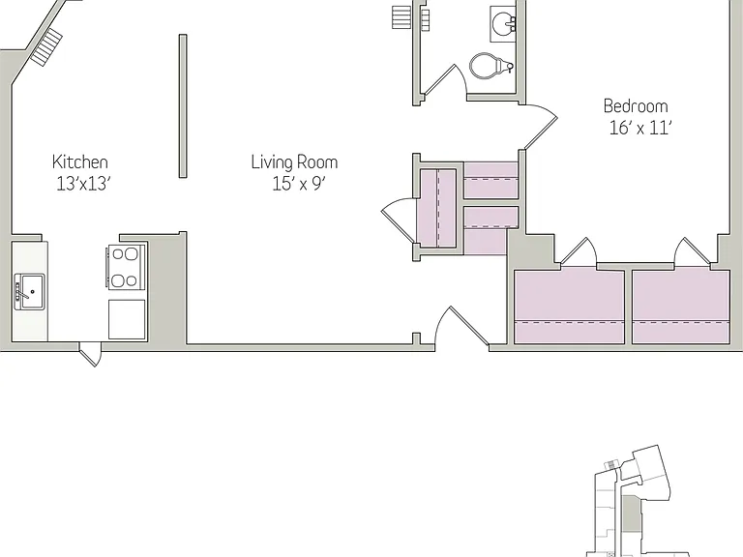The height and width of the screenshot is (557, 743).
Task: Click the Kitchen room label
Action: coord(80,162)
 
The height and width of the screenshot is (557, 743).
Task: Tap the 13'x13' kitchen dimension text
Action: coord(83,184)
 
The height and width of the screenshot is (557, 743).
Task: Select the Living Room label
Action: coord(294,162)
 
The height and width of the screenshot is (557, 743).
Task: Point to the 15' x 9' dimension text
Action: coord(299,184)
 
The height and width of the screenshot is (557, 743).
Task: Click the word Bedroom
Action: coord(636,105)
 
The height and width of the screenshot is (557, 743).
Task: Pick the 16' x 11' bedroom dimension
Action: coord(640,128)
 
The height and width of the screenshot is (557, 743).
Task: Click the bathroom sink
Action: coord(503,23)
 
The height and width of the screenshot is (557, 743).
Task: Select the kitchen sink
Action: coord(29,292)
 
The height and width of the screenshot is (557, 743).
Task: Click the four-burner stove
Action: coord(125,267)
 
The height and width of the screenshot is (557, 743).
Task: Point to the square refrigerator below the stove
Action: coord(127,319)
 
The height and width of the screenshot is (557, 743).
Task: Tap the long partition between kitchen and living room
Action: coord(183,106)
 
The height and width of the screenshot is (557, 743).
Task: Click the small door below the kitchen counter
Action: coord(91,354)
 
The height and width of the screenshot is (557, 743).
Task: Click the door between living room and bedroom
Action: coord(541,126)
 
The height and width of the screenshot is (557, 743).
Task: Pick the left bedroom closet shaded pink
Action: coord(569,306)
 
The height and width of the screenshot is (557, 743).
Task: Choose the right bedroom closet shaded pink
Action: coord(681,307)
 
